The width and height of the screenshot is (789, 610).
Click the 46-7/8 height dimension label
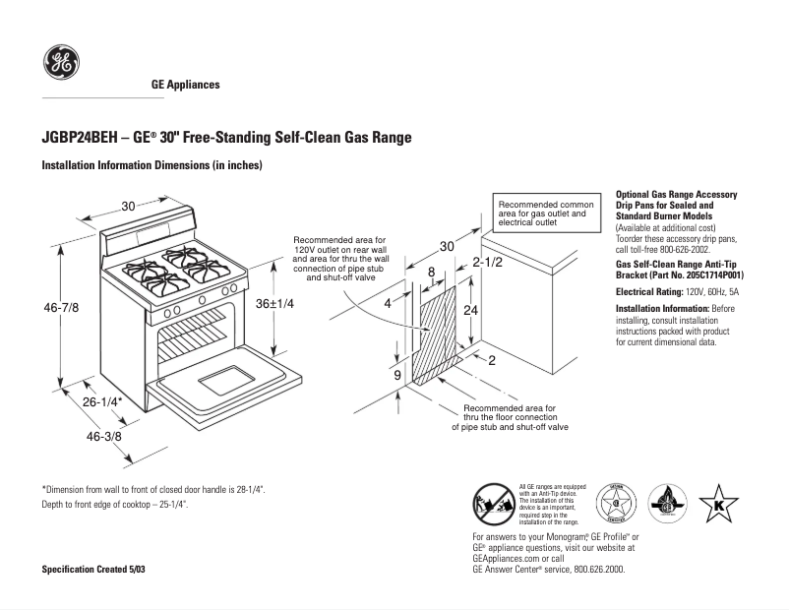point(60,309)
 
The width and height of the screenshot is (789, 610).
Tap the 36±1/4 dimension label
point(275,303)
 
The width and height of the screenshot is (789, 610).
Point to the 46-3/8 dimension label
point(103,436)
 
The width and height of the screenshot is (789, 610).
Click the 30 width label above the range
point(128,206)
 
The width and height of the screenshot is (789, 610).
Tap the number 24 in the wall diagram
point(471,309)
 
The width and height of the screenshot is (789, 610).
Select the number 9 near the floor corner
point(397,375)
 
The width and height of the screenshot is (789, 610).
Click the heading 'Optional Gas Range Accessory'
point(677,195)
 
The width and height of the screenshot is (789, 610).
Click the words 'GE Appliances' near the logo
point(185,85)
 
